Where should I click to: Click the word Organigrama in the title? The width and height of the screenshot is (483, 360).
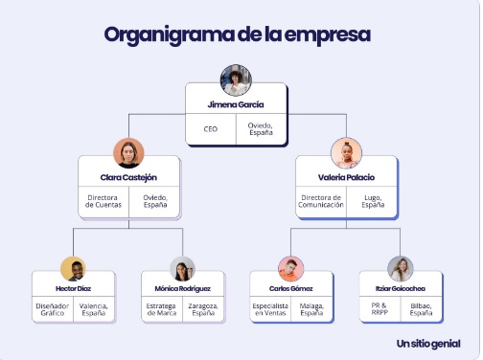click(170, 35)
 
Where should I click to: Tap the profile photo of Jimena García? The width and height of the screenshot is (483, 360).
click(236, 80)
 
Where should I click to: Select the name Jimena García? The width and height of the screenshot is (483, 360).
click(236, 104)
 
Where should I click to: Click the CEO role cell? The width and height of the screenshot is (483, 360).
click(211, 129)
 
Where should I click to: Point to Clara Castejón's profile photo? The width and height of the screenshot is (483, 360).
click(128, 153)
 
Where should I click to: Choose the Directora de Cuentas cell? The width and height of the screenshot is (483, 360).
click(103, 201)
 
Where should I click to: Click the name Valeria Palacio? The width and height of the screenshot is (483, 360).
click(346, 177)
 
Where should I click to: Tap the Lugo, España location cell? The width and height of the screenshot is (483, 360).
click(373, 201)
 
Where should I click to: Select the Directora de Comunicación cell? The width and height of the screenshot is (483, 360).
click(321, 201)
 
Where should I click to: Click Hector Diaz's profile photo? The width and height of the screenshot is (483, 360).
click(73, 269)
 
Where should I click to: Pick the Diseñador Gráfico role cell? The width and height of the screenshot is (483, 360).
click(53, 309)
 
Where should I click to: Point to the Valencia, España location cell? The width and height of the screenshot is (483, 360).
click(94, 309)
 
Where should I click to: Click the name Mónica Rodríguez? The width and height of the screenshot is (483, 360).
click(183, 288)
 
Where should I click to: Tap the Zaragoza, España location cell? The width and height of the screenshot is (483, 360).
click(203, 309)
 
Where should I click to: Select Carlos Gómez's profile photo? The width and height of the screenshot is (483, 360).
click(291, 269)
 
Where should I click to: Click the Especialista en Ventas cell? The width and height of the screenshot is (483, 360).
click(270, 309)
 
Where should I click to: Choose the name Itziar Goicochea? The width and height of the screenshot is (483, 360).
click(401, 288)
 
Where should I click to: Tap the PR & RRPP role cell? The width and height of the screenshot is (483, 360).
click(379, 309)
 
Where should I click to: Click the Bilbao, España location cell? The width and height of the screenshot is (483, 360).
click(421, 309)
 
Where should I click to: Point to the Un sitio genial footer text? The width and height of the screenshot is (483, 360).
click(428, 344)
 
